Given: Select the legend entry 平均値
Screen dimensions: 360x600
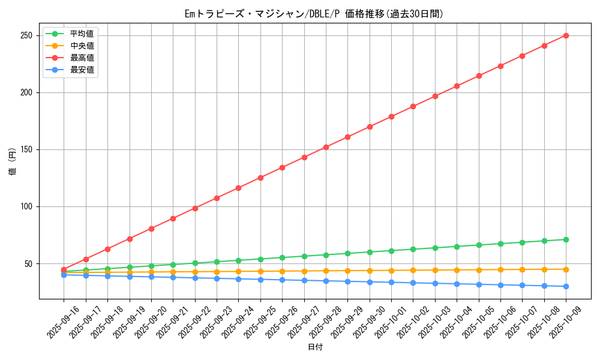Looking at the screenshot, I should coord(82,34).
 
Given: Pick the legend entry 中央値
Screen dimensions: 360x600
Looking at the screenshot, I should coord(82,46).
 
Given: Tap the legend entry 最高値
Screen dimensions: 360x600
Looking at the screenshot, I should coord(82,58).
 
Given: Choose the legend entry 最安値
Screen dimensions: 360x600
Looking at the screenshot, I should coord(82,70).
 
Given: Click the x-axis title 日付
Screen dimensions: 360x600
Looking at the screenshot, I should coord(315,347).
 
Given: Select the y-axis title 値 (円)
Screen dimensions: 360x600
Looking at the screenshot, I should coord(13,162).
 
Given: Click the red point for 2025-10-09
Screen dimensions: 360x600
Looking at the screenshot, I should coord(566,35).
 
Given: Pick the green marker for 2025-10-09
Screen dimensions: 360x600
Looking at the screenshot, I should coord(566,239).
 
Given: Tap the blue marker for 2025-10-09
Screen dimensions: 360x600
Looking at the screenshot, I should coord(566,286).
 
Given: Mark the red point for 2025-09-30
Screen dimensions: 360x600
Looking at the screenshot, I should coord(370,127).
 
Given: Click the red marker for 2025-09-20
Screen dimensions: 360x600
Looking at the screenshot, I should coord(151,229).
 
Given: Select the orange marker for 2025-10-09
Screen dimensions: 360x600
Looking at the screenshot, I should coord(566,269).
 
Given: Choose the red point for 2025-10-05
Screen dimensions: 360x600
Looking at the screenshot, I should coord(479,76).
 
